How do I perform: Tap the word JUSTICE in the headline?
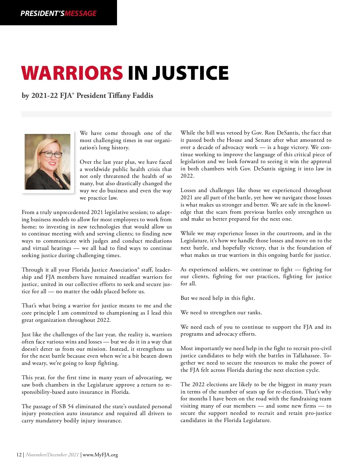(x=190, y=73)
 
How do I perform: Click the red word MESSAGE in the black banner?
(x=81, y=14)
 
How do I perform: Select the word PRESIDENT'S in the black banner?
(x=42, y=14)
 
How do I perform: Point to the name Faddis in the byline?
(x=143, y=96)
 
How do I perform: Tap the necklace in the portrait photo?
(x=56, y=179)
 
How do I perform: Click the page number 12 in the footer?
(x=19, y=455)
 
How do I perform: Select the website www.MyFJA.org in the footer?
(x=100, y=455)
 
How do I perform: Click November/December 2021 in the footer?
(x=52, y=455)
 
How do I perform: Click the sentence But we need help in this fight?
(x=218, y=298)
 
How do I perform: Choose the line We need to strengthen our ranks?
(x=221, y=312)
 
